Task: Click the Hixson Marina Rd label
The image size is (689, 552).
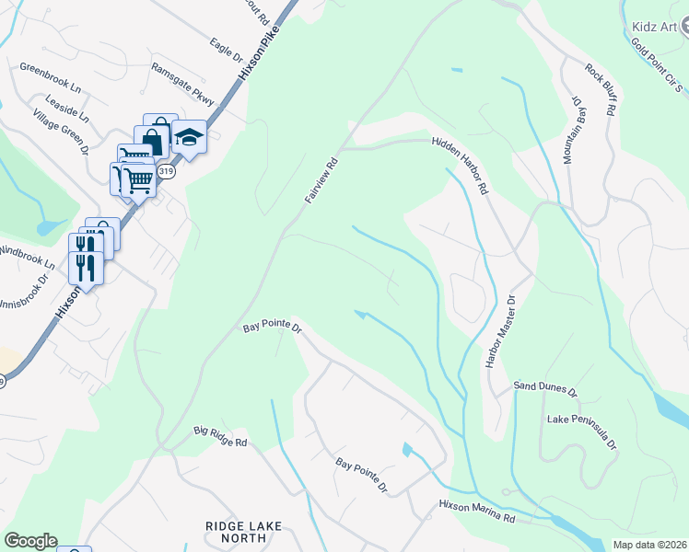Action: point(476,512)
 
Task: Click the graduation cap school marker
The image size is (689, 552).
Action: point(189,138)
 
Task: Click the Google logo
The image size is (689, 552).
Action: point(30,541)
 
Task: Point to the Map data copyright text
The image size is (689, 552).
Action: point(649,545)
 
